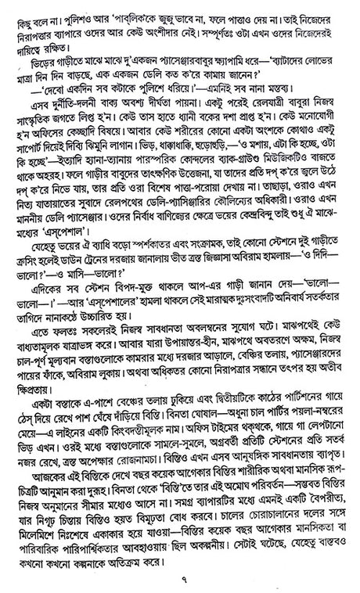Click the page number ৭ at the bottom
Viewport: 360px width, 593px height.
point(179,577)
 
